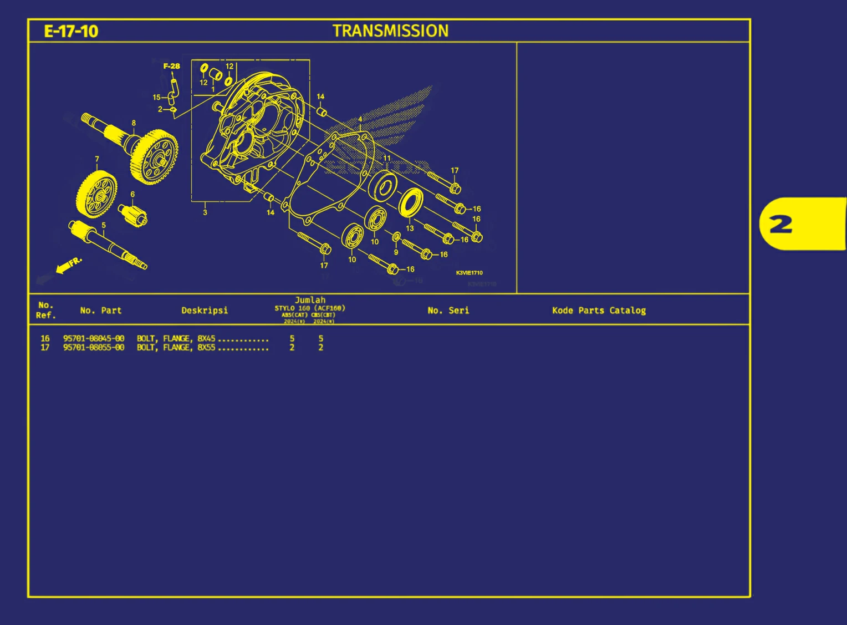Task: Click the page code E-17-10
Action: (71, 31)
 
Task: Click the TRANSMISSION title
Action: (390, 31)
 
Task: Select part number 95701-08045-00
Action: (94, 338)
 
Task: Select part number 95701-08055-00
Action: (94, 348)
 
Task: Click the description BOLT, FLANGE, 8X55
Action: (176, 348)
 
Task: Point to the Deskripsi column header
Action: (205, 311)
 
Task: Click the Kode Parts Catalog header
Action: (599, 311)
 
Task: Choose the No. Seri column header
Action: (448, 311)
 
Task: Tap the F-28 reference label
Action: (171, 66)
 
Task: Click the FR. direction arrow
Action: (68, 266)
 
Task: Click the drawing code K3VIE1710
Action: (469, 273)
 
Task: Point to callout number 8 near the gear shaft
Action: (134, 123)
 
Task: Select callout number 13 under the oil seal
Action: (410, 228)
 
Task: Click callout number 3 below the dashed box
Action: (205, 212)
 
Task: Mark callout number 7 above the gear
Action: (97, 159)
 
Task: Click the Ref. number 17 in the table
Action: (45, 348)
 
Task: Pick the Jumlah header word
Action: (310, 300)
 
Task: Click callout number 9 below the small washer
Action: (396, 252)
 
